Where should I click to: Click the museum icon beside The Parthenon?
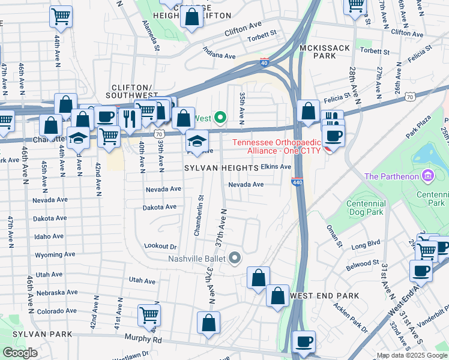(x=427, y=176)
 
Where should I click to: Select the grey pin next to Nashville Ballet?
(x=235, y=258)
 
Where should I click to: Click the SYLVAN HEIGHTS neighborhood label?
(x=221, y=169)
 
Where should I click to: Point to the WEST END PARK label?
(x=324, y=296)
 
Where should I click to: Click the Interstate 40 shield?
(x=264, y=62)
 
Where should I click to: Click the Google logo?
(x=20, y=353)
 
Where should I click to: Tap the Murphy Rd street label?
(x=143, y=339)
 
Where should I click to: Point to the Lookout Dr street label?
(x=161, y=246)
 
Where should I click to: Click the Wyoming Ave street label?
(x=55, y=255)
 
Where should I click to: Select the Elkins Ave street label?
(x=276, y=167)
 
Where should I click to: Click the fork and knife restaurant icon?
(x=129, y=118)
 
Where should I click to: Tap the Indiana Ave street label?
(x=218, y=53)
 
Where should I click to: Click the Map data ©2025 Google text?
(x=411, y=355)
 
